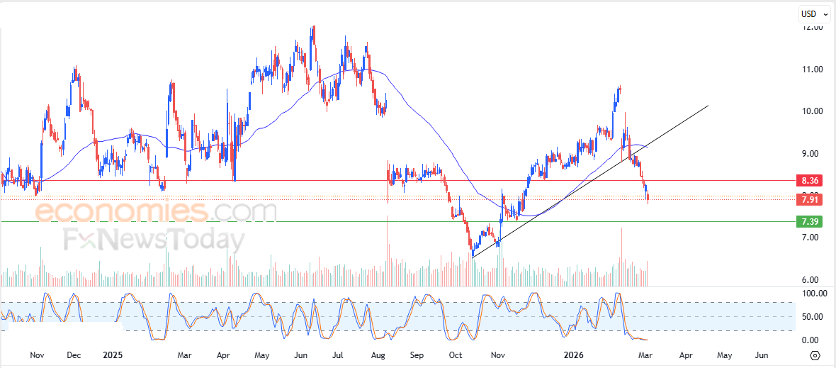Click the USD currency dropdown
(813, 13)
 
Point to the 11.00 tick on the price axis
(812, 69)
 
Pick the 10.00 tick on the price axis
(812, 111)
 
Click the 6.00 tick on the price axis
(812, 279)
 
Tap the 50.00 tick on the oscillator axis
(812, 316)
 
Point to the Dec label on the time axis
(74, 354)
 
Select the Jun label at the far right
(761, 354)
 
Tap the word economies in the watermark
(120, 211)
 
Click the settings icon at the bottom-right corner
(815, 355)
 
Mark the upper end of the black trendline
(708, 106)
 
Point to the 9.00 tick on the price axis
(812, 153)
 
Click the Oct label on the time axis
(456, 354)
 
